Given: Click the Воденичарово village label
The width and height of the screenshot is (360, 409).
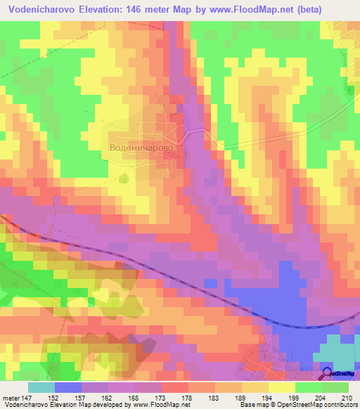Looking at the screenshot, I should click(141, 149).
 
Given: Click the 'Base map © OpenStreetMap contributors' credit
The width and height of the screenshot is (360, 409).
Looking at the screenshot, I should click(297, 404).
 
